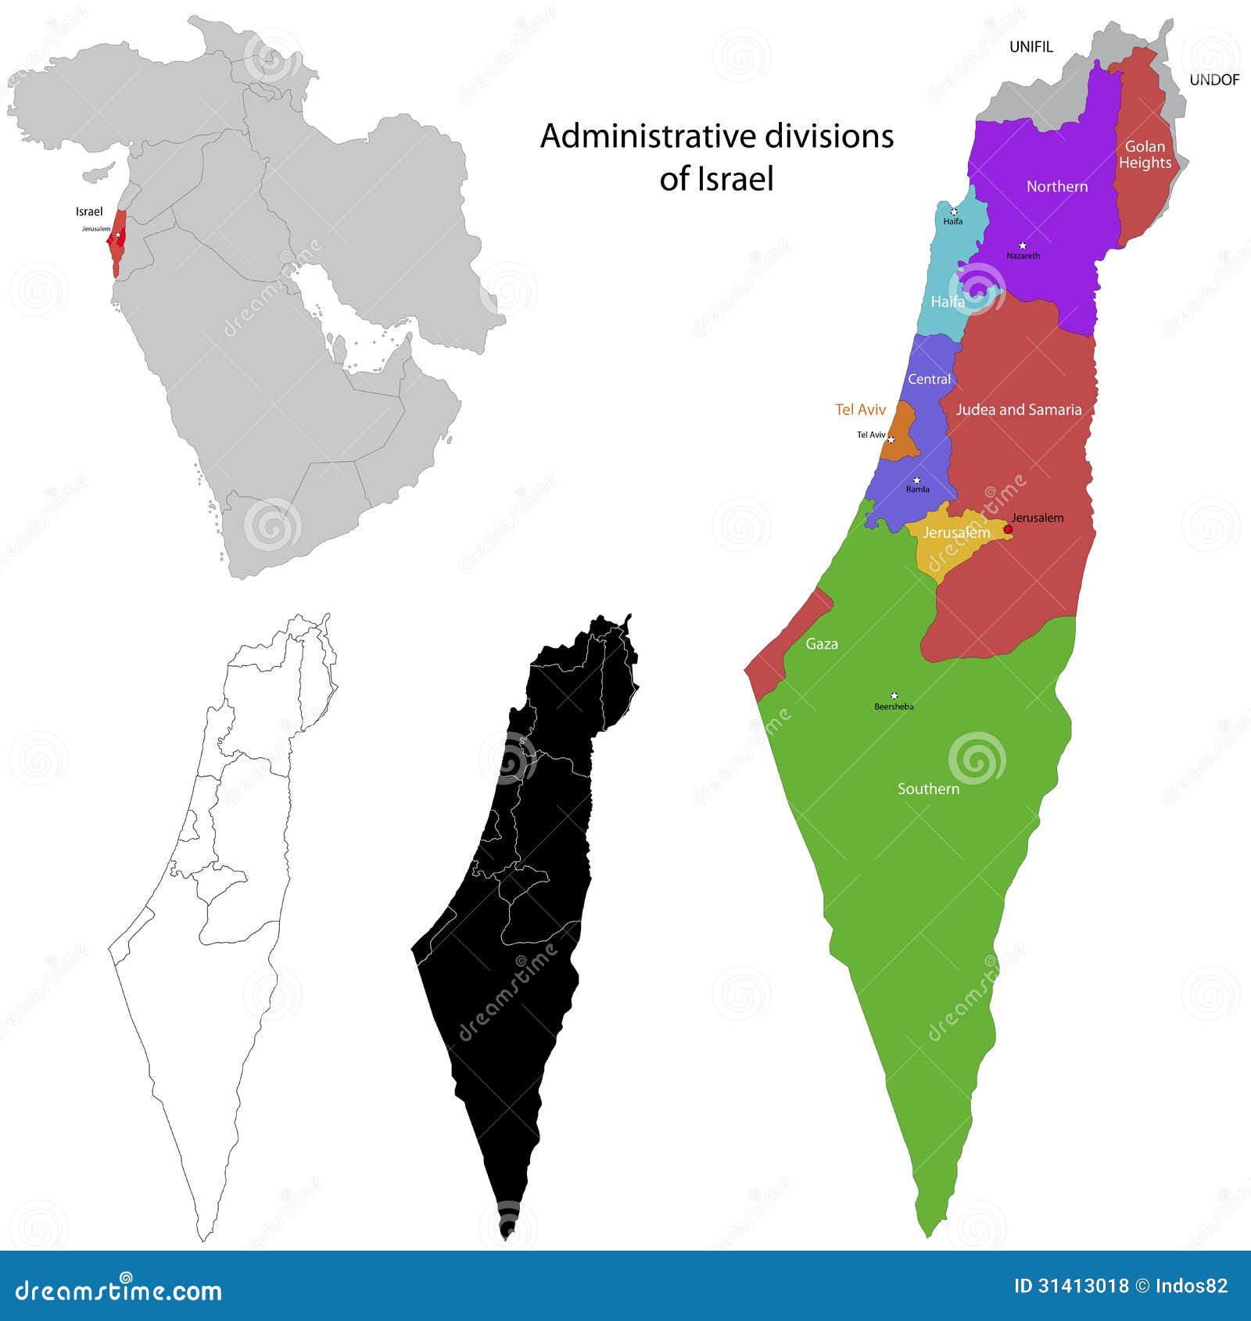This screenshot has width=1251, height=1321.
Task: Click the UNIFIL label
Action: (1031, 47)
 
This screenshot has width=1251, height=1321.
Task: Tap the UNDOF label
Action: (1213, 80)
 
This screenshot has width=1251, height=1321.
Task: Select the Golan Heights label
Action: (1145, 155)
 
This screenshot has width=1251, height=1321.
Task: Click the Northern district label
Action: (1056, 186)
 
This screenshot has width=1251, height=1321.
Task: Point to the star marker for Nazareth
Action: (1022, 245)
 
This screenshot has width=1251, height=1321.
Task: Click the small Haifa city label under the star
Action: (952, 221)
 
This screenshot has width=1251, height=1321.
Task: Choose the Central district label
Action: (929, 379)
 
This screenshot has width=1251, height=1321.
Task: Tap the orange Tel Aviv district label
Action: (860, 410)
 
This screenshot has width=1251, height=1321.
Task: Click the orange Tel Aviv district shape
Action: (902, 438)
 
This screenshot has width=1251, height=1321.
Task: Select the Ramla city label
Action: (917, 489)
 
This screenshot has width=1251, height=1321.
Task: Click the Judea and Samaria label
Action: (1018, 410)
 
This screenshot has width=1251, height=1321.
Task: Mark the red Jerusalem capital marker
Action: (1008, 529)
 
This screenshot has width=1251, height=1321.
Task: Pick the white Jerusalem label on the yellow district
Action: (956, 532)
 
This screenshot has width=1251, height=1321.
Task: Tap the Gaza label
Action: (821, 644)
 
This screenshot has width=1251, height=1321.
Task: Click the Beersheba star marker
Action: (894, 696)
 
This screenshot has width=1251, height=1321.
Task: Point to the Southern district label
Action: (927, 789)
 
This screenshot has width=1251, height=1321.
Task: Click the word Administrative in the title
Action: (647, 137)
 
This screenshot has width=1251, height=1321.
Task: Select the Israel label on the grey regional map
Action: (89, 212)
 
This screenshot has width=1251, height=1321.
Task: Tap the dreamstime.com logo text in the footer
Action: (119, 1291)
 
